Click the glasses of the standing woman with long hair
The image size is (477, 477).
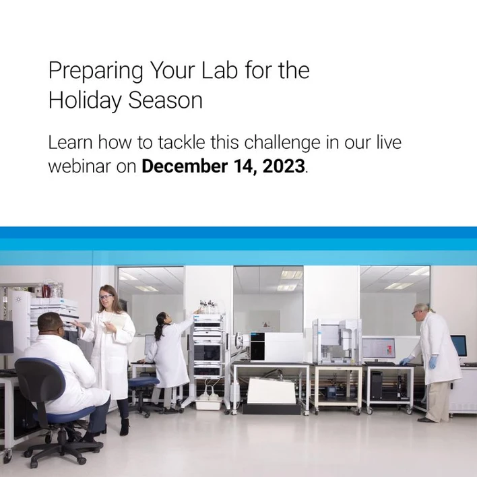[x=106, y=297]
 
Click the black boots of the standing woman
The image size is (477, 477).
[x=124, y=426]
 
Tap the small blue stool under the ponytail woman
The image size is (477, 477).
[x=142, y=384]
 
